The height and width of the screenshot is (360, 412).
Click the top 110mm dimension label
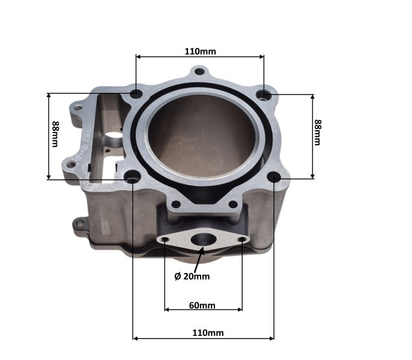point(200,51)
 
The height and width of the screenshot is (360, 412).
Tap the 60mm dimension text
point(202,305)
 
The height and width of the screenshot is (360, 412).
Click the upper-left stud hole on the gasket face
point(137,94)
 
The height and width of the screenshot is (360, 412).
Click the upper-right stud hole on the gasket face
point(263,94)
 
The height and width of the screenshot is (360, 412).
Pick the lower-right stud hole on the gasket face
point(274,177)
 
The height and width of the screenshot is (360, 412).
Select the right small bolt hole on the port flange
point(242,240)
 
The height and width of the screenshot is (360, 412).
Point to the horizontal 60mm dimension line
point(203,310)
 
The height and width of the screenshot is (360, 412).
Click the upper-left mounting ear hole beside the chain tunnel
point(76,108)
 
